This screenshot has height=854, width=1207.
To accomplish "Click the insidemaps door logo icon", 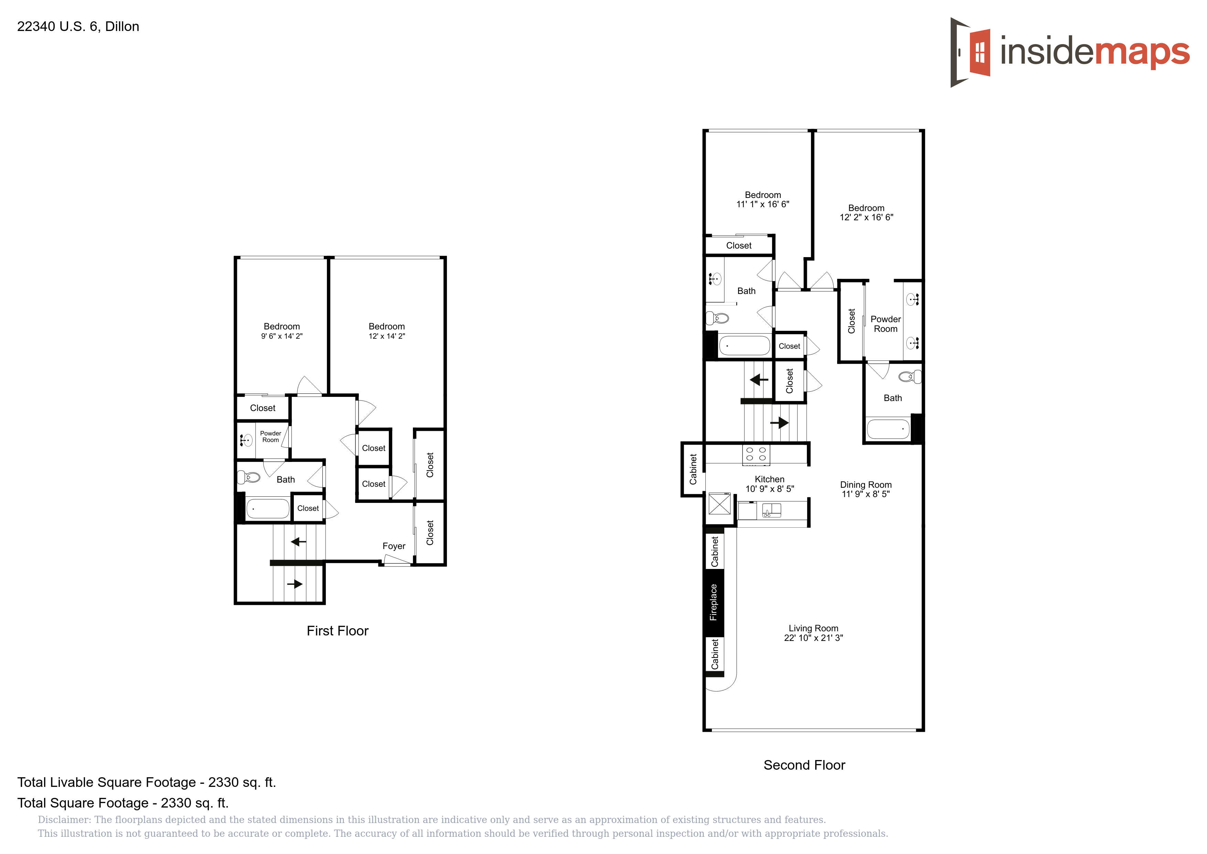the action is [970, 52].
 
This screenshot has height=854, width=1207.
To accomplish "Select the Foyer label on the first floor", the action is [394, 546].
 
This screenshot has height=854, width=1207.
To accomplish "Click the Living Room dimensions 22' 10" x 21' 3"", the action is [813, 638].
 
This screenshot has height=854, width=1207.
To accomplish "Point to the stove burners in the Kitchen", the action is [756, 455].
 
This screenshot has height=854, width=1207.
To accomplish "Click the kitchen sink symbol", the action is [771, 510].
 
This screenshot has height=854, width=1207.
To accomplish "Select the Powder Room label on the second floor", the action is [886, 324].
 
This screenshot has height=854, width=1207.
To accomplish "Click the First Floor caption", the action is [338, 631].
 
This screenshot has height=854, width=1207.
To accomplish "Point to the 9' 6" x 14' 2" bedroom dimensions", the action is [282, 336].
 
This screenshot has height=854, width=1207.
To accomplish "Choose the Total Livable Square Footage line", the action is [147, 782].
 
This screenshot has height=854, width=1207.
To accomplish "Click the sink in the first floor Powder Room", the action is [246, 440].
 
